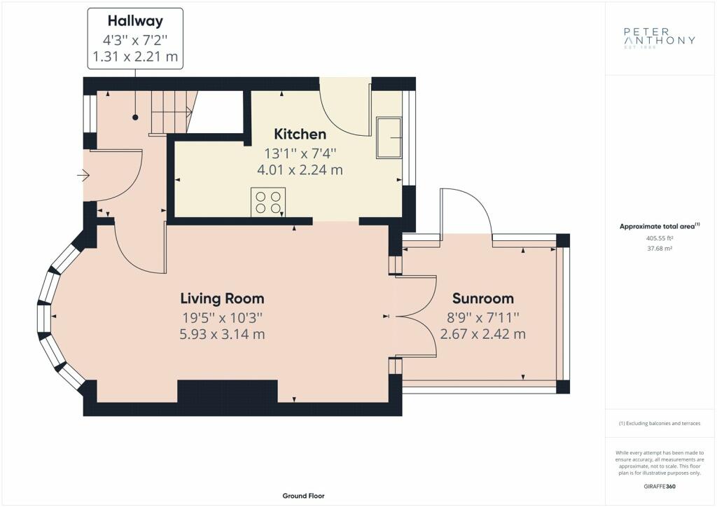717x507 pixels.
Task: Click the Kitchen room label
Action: pyautogui.click(x=300, y=134)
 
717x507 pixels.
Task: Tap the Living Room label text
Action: pyautogui.click(x=222, y=298)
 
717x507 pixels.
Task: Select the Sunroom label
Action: pyautogui.click(x=483, y=298)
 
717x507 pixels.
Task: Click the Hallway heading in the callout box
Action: pyautogui.click(x=135, y=20)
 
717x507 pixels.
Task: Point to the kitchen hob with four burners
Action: pyautogui.click(x=268, y=202)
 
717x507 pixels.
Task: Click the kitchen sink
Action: pyautogui.click(x=389, y=137)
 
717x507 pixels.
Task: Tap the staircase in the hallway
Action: pyautogui.click(x=174, y=112)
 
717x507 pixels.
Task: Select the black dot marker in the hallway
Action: pyautogui.click(x=135, y=118)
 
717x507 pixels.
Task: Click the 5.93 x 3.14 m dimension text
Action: pyautogui.click(x=222, y=334)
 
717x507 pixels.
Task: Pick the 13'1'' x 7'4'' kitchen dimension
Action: pyautogui.click(x=300, y=152)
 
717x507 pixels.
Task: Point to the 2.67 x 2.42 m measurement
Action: pyautogui.click(x=483, y=334)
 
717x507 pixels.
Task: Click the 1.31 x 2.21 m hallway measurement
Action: pyautogui.click(x=135, y=57)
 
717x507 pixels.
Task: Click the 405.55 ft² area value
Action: pyautogui.click(x=660, y=238)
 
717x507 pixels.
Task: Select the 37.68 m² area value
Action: pyautogui.click(x=660, y=249)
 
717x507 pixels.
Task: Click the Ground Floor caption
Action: pyautogui.click(x=304, y=496)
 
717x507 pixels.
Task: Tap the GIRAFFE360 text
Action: pyautogui.click(x=660, y=487)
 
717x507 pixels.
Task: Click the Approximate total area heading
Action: pyautogui.click(x=660, y=226)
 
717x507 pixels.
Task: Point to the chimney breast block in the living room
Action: pyautogui.click(x=228, y=391)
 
